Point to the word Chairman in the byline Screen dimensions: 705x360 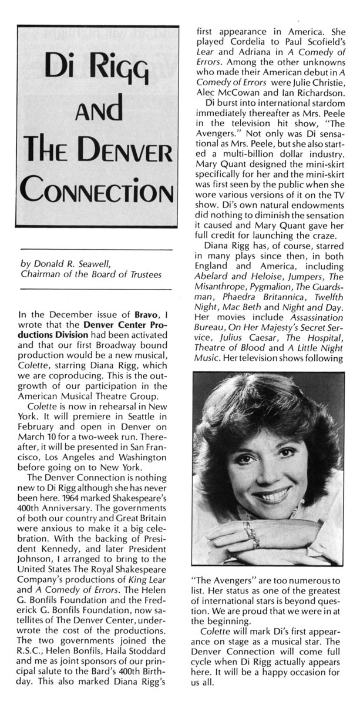coord(41,274)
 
